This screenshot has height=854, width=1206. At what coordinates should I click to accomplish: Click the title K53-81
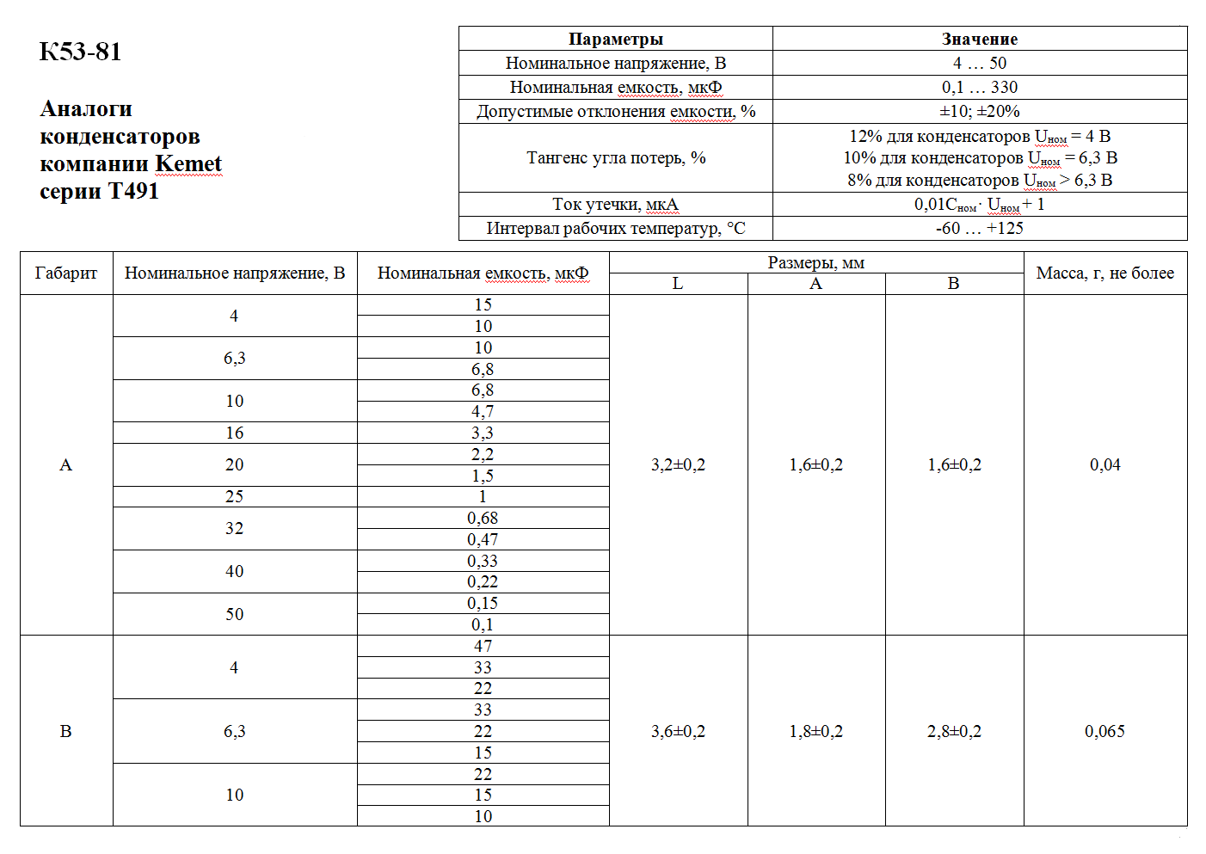coord(81,52)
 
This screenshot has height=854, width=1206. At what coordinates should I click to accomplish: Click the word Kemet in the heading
coord(188,163)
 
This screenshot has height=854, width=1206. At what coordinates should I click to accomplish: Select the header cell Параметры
coord(615,39)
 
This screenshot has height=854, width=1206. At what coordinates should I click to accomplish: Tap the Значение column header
coord(979,39)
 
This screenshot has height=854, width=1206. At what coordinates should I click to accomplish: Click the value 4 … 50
coord(979,63)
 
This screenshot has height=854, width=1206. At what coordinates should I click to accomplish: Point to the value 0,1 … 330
coord(979,87)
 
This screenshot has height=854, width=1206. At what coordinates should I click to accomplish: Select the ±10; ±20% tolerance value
coord(979,111)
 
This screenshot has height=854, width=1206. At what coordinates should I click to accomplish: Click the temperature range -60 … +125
coord(979,228)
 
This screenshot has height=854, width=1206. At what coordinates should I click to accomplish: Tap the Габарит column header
coord(66,273)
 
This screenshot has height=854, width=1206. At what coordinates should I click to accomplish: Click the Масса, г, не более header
coord(1104,273)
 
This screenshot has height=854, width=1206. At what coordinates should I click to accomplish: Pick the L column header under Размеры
coord(678,284)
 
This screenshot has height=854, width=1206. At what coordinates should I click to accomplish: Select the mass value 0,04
coord(1104,464)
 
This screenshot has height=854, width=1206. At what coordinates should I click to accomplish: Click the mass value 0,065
coord(1104,731)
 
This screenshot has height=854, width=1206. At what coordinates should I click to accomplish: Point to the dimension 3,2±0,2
coord(678,464)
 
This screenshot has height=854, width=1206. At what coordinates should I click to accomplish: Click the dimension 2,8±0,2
coord(954,731)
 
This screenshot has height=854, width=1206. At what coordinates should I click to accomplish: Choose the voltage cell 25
coord(234,496)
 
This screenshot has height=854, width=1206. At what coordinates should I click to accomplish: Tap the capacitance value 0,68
coord(483,518)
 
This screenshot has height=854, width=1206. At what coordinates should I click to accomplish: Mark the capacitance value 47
coord(483,646)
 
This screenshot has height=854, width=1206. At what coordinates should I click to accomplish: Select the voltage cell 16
coord(234,433)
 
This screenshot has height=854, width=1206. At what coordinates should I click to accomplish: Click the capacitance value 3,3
coord(483,433)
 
